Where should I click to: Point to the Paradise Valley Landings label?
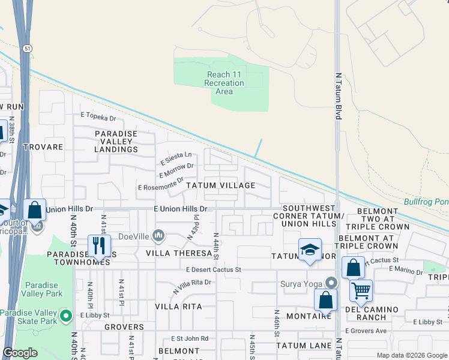coord(116,141)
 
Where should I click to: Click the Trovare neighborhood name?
coord(43,146)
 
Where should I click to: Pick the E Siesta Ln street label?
coord(176,158)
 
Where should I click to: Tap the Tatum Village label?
coord(220,185)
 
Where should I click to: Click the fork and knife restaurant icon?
coord(99,245)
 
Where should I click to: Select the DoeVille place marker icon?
coord(158,235)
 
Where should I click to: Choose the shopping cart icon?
coord(361,290)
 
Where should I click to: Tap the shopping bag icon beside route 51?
coord(35,211)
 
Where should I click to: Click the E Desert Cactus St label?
coord(213,270)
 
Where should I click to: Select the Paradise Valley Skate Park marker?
coord(68,316)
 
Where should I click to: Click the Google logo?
coord(20,353)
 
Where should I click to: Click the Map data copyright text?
coord(411,355)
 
